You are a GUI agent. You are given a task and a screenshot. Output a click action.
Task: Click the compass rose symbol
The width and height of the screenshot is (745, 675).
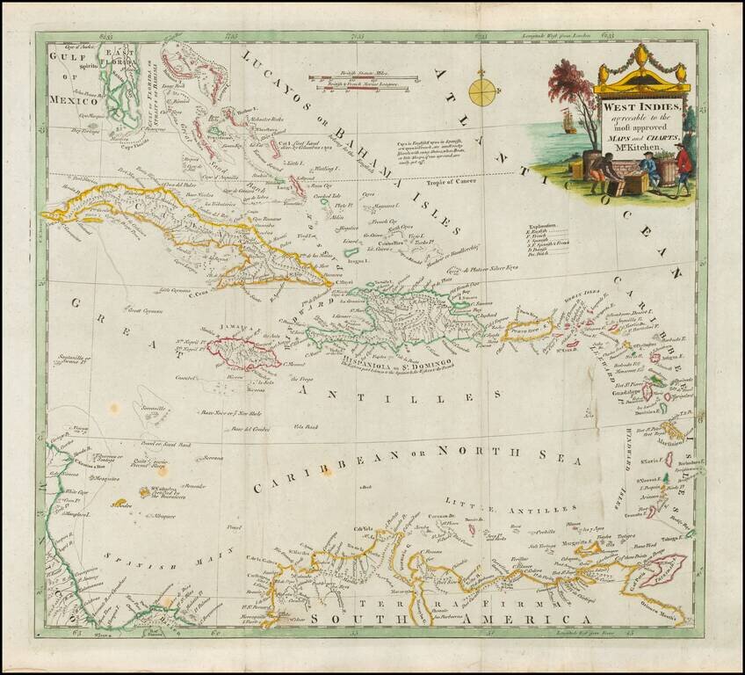tap(481, 91)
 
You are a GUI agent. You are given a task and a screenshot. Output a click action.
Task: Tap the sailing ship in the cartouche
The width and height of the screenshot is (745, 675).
tap(569, 122)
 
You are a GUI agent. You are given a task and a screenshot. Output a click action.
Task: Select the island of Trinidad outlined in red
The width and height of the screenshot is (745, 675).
tap(662, 570)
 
